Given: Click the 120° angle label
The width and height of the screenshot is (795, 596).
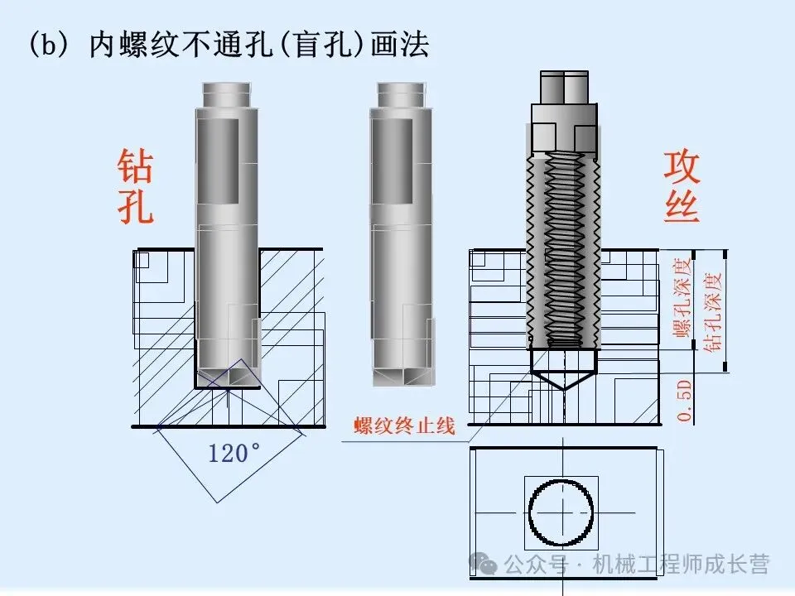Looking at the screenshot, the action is click(234, 453).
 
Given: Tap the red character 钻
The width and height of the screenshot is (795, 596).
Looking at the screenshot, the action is click(135, 166).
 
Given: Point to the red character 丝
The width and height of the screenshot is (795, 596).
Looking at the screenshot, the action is click(682, 206).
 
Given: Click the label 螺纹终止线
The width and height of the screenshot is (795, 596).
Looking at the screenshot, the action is click(405, 425).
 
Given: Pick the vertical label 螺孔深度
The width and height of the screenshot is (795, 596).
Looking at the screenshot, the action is click(682, 297).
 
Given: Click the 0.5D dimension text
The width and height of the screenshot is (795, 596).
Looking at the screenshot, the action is click(685, 401).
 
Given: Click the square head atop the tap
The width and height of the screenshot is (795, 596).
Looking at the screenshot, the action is click(564, 87).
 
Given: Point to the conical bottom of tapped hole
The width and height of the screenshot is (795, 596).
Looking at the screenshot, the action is click(563, 380).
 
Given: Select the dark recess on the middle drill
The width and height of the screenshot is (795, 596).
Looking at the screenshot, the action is click(392, 161).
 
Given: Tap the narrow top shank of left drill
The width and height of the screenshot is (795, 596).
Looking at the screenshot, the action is click(227, 94).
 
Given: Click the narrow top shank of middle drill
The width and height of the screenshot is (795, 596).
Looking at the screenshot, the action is click(401, 94).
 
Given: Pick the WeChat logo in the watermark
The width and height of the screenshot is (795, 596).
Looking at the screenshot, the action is click(483, 563).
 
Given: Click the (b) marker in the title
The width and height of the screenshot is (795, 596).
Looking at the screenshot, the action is click(49, 44).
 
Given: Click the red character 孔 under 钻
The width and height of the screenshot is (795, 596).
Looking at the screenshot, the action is click(135, 206).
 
